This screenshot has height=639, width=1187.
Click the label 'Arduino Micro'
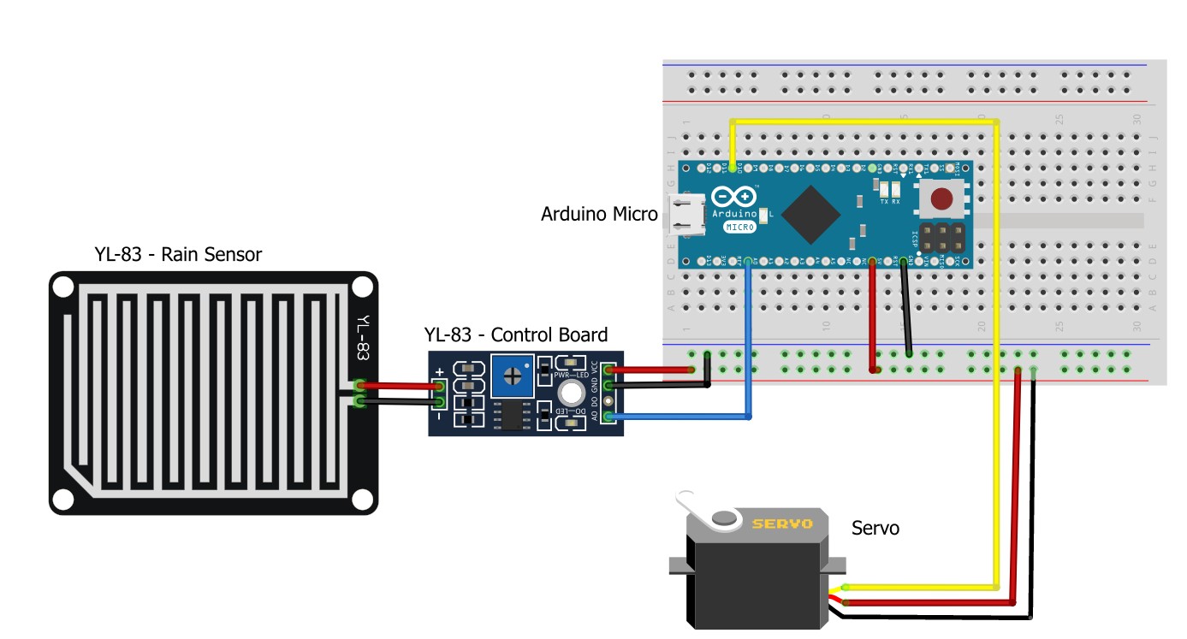tap(598, 214)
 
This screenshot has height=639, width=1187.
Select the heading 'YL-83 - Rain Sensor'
tap(178, 254)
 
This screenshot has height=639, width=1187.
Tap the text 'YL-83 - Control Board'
tap(516, 334)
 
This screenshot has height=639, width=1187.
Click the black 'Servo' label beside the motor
tap(875, 528)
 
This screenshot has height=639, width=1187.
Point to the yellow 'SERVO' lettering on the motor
tap(781, 524)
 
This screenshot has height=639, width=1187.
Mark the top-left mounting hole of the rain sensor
tap(62, 287)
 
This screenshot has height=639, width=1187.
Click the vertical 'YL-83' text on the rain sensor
tap(363, 339)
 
